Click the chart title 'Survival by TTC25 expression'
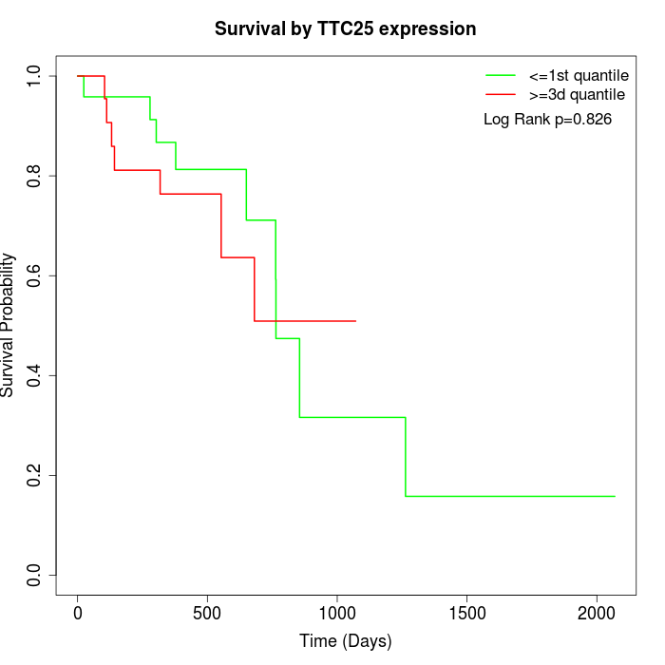(x=345, y=28)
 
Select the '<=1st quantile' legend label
(x=579, y=74)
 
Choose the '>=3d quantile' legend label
(x=577, y=94)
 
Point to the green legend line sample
(x=500, y=74)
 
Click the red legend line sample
(x=500, y=94)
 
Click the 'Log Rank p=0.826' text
(x=547, y=120)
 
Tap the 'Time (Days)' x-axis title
(x=345, y=641)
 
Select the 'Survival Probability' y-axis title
(x=9, y=325)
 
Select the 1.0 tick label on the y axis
(x=35, y=76)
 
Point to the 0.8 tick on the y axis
(x=35, y=176)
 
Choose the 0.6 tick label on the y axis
(x=35, y=275)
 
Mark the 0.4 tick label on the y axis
(x=35, y=375)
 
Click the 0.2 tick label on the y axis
(x=35, y=475)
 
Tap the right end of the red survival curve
(x=355, y=321)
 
